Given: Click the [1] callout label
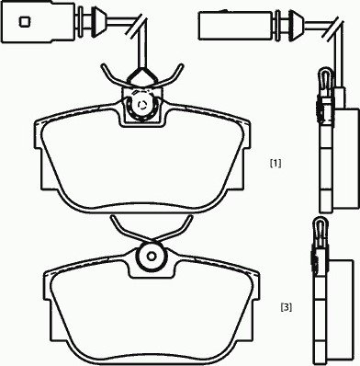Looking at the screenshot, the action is coord(276,164).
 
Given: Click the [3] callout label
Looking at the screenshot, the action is coord(287,307).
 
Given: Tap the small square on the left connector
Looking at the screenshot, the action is coord(25,21).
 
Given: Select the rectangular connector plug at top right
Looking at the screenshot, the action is coord(235,26).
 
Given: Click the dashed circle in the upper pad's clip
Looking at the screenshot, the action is coord(142,106).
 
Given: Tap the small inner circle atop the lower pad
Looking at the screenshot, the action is coord(152,256).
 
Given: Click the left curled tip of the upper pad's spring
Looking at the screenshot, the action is coord(103,66).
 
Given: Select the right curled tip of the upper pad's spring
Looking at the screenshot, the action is coord(181,67).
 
